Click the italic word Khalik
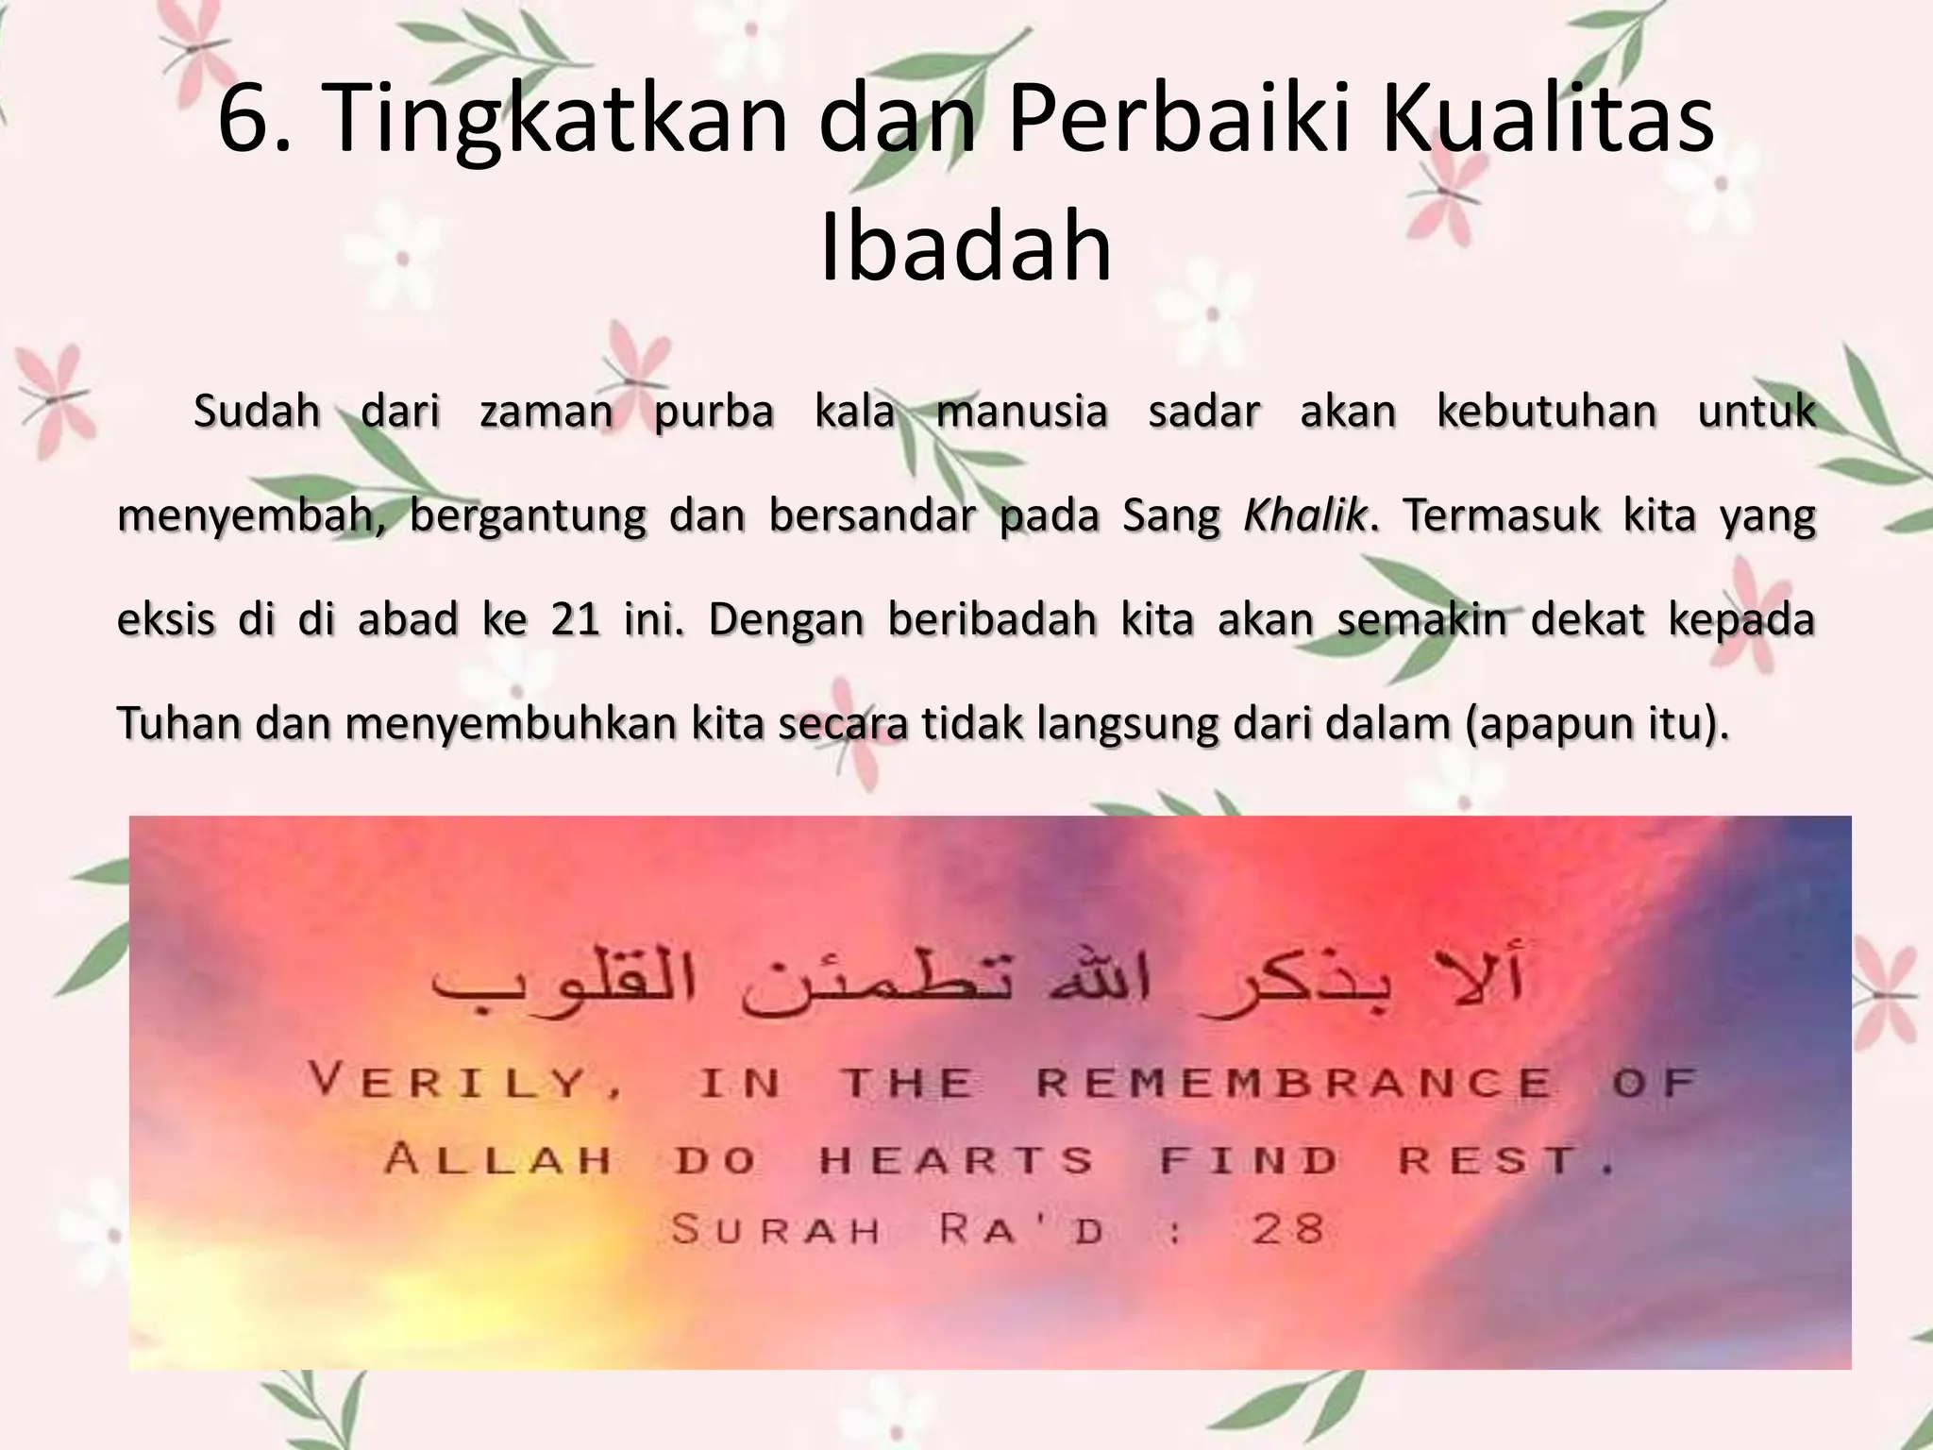1305,516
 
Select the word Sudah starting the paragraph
257,413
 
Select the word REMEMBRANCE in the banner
1293,1081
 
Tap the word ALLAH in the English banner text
498,1158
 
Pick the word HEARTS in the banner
956,1158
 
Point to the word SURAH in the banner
776,1229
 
